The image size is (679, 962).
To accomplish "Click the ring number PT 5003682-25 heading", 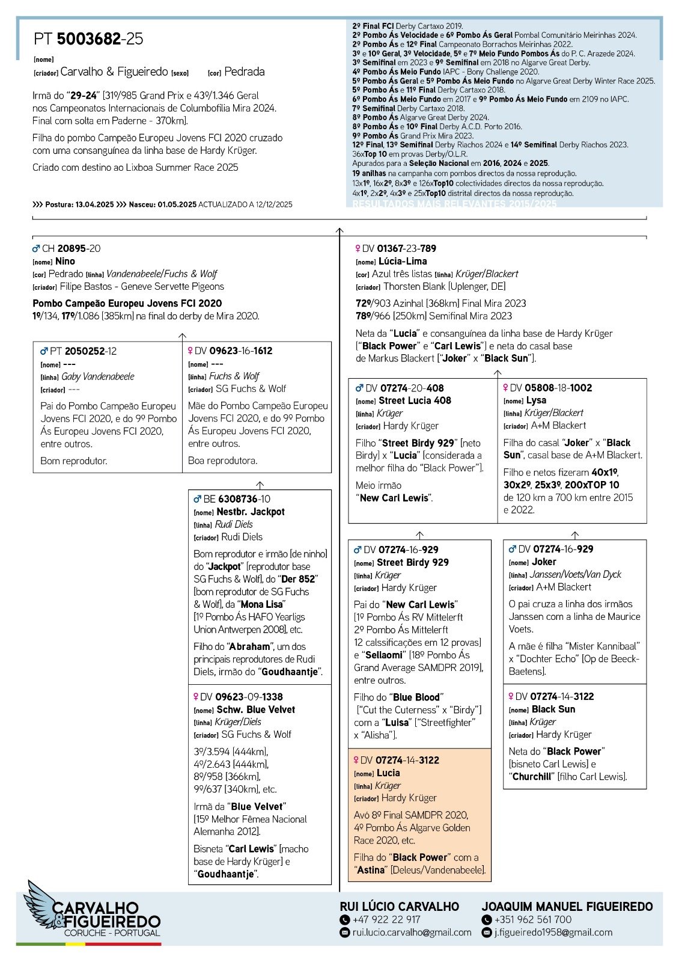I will pyautogui.click(x=88, y=39).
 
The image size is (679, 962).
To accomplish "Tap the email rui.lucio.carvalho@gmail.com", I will pyautogui.click(x=412, y=933).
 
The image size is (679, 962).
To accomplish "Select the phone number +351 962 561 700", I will pyautogui.click(x=532, y=919).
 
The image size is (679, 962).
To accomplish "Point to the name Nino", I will pyautogui.click(x=65, y=261).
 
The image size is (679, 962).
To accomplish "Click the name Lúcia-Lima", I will pyautogui.click(x=403, y=261).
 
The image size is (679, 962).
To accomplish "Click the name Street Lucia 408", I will pyautogui.click(x=415, y=400).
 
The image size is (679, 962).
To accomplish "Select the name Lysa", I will pyautogui.click(x=536, y=400).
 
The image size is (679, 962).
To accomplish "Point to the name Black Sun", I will pyautogui.click(x=553, y=709).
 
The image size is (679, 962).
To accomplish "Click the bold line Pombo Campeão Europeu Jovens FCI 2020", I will pyautogui.click(x=127, y=304).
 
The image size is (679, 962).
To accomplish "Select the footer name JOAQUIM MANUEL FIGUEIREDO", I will pyautogui.click(x=567, y=906).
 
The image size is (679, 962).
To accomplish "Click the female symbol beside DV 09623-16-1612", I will pyautogui.click(x=191, y=351).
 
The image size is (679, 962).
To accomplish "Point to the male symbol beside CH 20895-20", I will pyautogui.click(x=36, y=248).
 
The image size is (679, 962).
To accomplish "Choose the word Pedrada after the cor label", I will pyautogui.click(x=244, y=72).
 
